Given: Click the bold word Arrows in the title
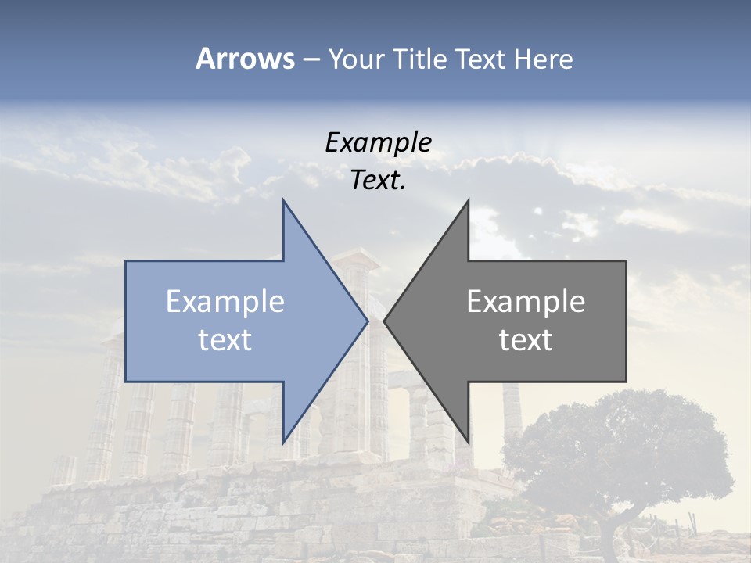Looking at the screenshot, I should point(246,59).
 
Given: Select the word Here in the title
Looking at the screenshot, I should point(543,59).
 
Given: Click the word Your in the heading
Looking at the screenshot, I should point(356,59).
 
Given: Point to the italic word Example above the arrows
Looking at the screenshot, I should point(378,142).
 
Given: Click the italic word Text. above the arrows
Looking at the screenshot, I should point(378,181).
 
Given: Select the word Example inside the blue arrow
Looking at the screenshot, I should point(225,302).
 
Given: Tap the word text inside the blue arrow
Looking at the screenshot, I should point(225,340).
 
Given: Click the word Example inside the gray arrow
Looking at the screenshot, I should point(526,302).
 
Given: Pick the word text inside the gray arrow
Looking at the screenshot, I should point(526,340).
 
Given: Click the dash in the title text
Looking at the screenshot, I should point(311,60).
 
